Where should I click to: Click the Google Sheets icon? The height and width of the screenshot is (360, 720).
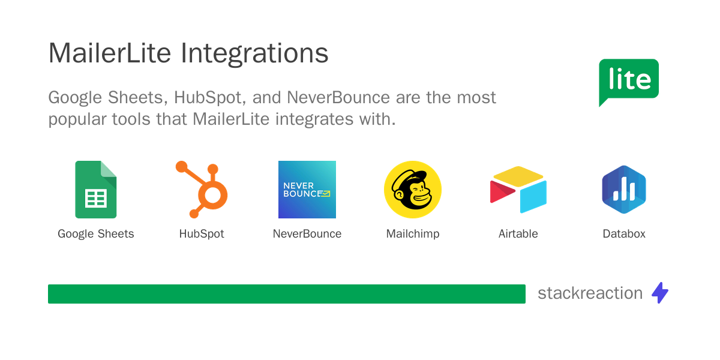pos(96,190)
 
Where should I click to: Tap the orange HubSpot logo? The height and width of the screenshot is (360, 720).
pos(202,190)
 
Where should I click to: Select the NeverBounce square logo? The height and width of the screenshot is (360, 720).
pos(307,190)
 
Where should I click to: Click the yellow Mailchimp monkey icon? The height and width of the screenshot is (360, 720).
pos(413,190)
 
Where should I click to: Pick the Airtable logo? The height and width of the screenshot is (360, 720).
pos(518,190)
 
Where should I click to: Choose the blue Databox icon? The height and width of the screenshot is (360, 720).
pos(624,190)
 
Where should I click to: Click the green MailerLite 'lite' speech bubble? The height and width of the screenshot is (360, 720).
pos(629,80)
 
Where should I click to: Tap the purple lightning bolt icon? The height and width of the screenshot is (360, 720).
pos(660,293)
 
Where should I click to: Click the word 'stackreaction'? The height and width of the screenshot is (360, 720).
pos(590,293)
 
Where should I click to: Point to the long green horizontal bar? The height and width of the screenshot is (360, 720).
pos(287,294)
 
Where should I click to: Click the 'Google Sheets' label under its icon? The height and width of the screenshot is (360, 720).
pos(96,234)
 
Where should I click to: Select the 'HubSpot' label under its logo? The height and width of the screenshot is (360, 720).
pos(202,234)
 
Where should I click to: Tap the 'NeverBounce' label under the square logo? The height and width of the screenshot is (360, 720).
pos(307,234)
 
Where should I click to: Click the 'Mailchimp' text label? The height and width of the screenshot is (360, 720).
pos(413,234)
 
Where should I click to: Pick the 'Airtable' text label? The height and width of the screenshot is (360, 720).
pos(518,234)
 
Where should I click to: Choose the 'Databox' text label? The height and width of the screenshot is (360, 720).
pos(624,234)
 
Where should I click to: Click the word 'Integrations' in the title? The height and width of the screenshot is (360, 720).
pos(254,54)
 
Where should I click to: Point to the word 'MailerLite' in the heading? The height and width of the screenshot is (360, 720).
pos(112,54)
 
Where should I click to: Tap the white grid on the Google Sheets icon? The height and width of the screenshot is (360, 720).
pos(96,198)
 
